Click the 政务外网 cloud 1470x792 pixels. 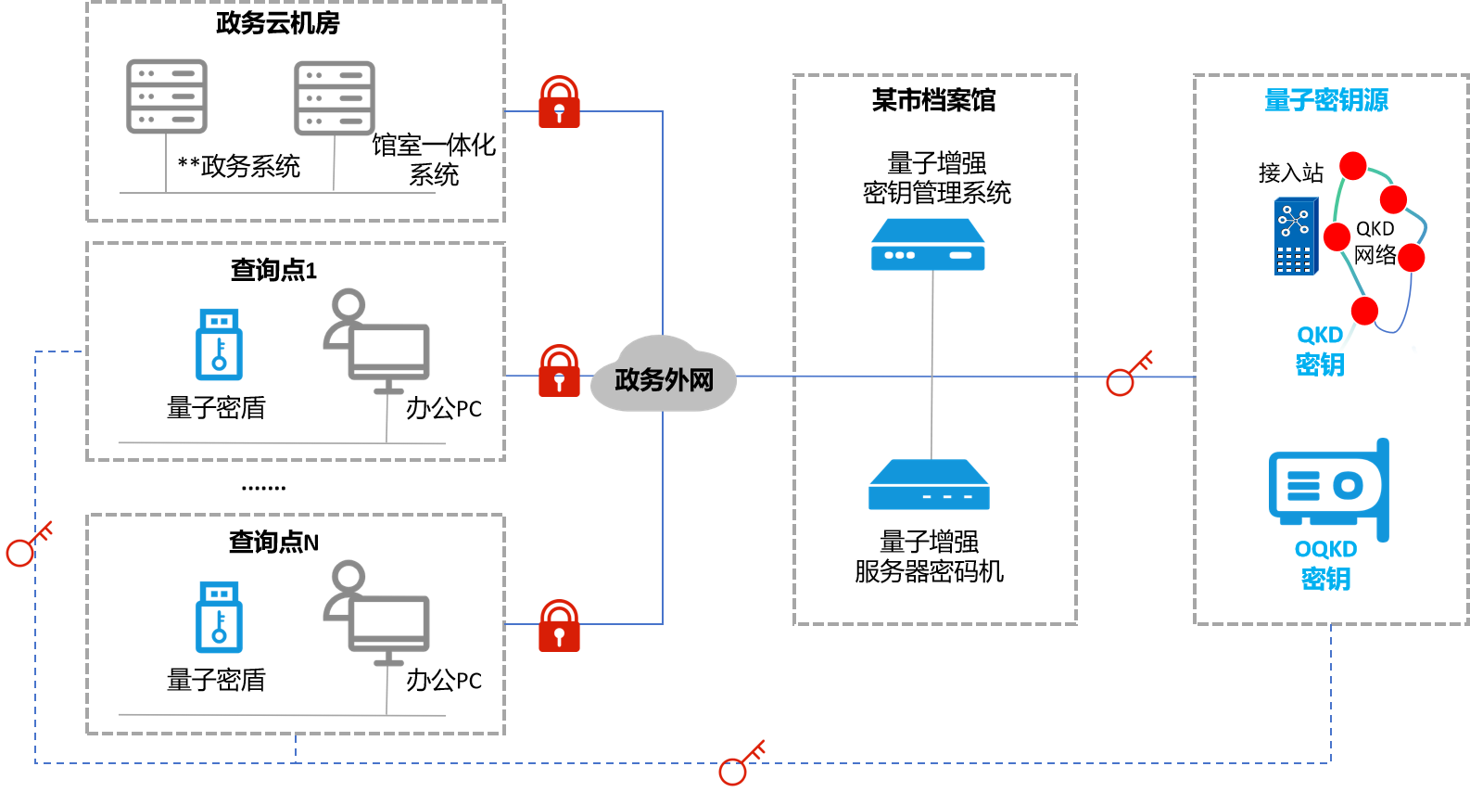click(x=664, y=375)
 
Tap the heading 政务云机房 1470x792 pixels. click(x=277, y=23)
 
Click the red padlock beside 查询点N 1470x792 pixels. click(x=559, y=626)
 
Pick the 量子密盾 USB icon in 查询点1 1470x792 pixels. click(x=219, y=344)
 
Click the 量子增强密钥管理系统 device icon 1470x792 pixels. click(x=928, y=245)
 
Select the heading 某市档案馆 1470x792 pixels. click(x=933, y=100)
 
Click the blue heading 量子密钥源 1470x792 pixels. click(x=1326, y=100)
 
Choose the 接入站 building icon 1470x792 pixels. click(x=1296, y=236)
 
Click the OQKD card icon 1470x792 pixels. click(x=1329, y=488)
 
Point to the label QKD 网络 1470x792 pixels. click(x=1375, y=242)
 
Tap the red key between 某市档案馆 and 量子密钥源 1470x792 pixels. click(x=1129, y=373)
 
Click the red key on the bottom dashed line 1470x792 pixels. click(x=741, y=762)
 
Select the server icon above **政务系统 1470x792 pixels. click(x=167, y=96)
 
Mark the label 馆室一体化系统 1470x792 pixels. click(x=434, y=160)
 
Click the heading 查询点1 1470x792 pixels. click(x=273, y=270)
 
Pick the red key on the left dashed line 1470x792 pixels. click(x=29, y=544)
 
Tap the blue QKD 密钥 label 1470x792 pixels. click(x=1320, y=350)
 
